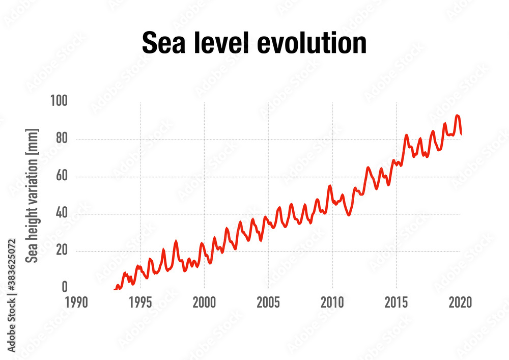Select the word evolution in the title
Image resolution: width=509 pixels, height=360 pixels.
312,43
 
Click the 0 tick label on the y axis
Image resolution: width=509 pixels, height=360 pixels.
64,288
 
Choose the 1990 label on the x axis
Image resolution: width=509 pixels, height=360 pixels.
76,302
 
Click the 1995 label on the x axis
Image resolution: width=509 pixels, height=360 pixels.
140,302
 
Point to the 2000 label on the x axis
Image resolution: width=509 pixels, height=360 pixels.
204,302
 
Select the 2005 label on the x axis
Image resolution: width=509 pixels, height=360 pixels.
268,302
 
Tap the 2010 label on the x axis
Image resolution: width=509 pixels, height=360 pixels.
332,302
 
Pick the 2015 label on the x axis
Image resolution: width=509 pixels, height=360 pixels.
396,302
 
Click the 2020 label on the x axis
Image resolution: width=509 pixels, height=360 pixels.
460,302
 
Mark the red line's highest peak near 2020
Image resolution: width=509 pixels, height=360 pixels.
457,116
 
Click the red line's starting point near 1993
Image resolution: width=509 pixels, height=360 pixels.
115,289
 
